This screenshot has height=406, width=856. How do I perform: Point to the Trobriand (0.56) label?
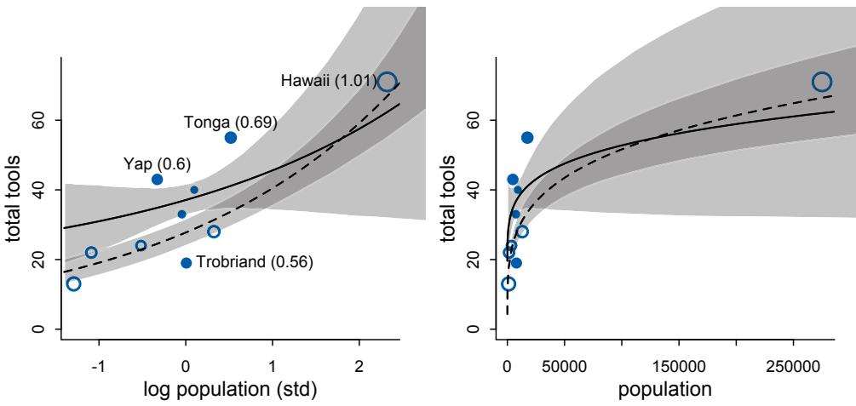[255, 263]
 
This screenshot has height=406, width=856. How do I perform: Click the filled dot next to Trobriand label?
[186, 263]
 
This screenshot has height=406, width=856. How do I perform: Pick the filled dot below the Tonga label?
[230, 138]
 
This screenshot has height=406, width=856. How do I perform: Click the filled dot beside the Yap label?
[157, 180]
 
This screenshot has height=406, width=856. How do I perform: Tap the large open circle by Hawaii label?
[388, 82]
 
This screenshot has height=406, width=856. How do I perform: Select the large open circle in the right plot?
[821, 82]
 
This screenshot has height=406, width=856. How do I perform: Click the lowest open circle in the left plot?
[73, 283]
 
